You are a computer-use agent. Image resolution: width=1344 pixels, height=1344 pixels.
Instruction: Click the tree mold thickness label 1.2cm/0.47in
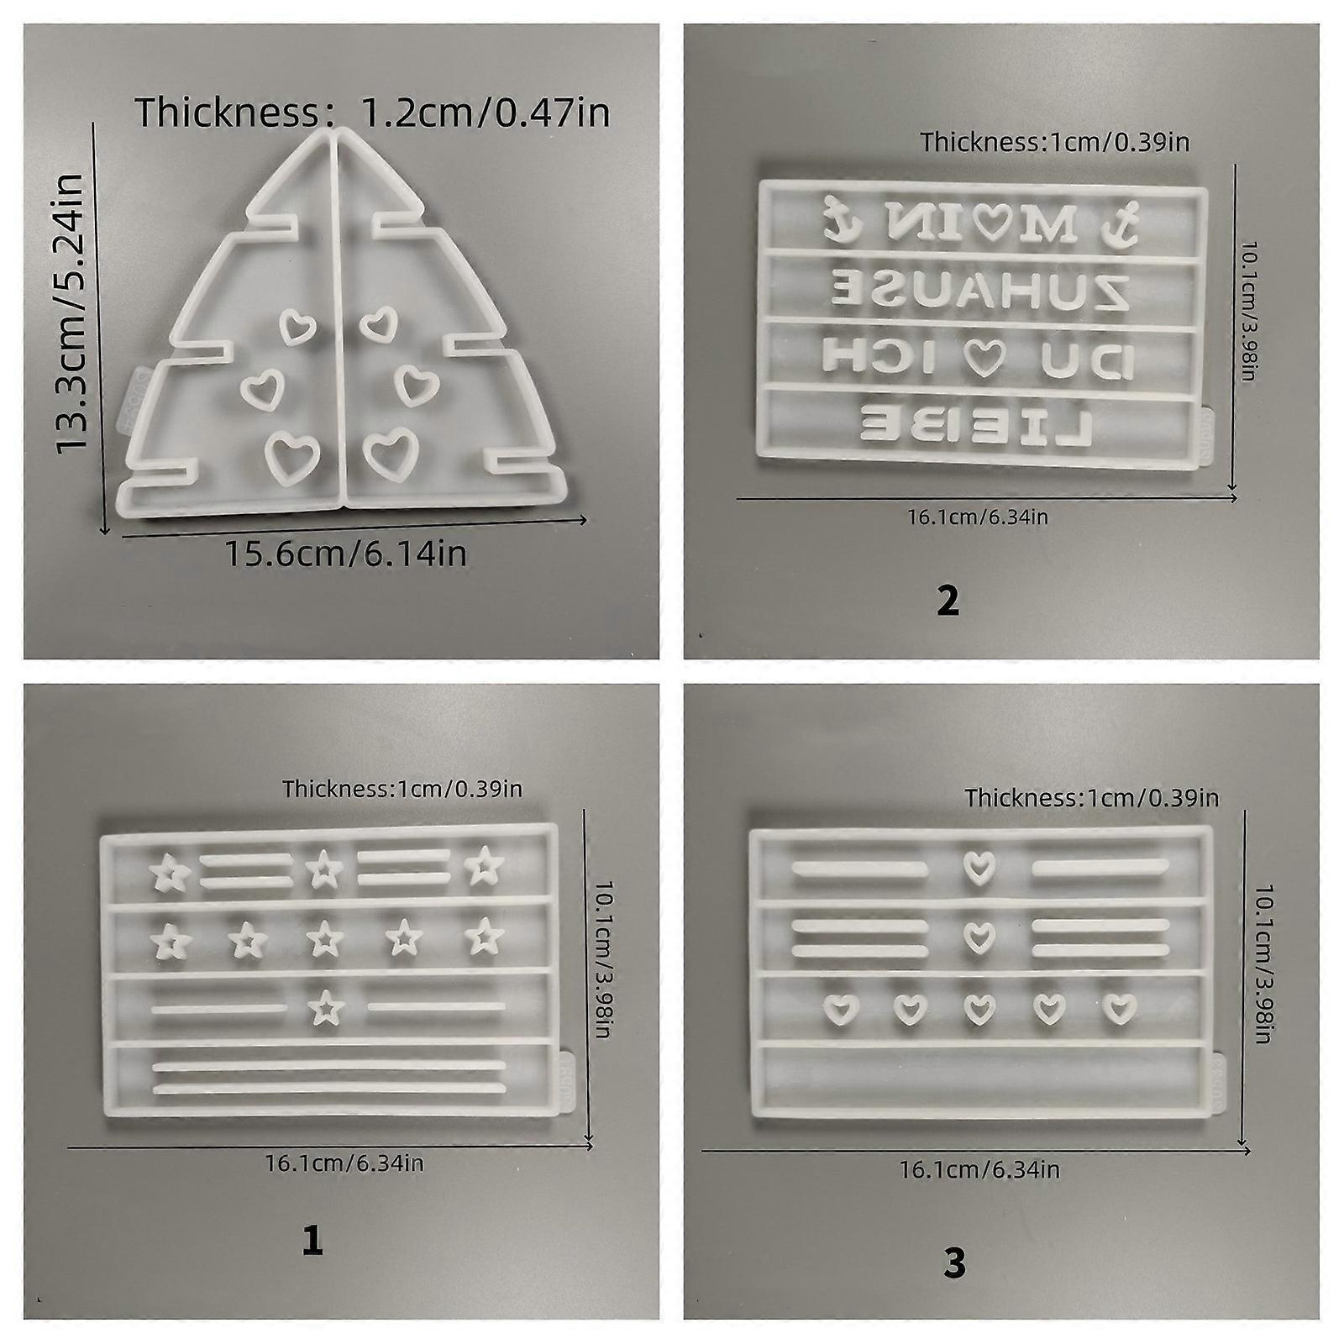[373, 112]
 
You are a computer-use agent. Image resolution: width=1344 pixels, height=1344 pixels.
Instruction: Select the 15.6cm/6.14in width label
[345, 554]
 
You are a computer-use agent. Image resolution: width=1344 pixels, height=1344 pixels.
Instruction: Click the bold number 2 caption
[948, 601]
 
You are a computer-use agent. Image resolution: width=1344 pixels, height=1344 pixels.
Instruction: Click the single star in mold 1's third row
[319, 1006]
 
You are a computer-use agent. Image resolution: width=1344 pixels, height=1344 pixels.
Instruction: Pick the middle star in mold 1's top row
[320, 870]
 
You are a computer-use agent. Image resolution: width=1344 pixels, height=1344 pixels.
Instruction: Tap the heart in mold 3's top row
[975, 867]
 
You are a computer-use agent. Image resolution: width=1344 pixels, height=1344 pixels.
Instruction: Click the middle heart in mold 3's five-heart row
[975, 1008]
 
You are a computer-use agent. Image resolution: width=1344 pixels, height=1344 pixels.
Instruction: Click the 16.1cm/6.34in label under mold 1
[344, 1163]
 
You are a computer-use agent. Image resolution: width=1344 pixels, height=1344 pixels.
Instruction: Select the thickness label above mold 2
[1055, 142]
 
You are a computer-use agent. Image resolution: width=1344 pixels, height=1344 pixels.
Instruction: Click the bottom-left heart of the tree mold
[292, 454]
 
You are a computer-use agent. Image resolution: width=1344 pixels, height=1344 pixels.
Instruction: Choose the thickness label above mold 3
[1091, 797]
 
